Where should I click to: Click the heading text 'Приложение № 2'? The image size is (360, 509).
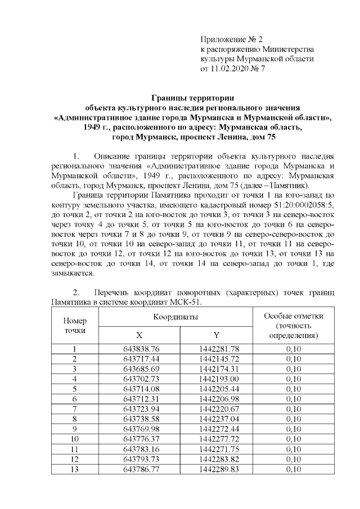232,39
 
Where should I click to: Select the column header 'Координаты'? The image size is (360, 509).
175,318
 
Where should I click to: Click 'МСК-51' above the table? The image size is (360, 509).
187,302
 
